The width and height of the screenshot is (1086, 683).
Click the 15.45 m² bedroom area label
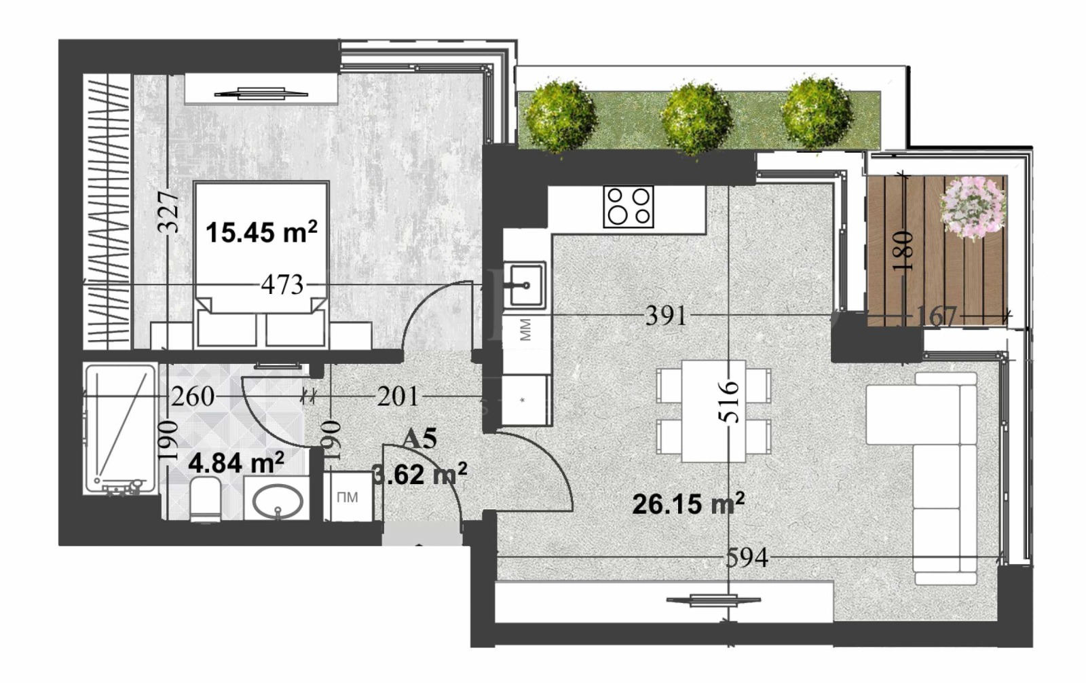tap(261, 232)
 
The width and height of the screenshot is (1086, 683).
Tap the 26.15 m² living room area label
tap(688, 504)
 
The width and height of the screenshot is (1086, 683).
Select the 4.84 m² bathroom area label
tap(236, 464)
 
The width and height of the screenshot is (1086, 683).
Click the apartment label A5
tap(419, 439)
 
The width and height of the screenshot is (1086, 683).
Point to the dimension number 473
tap(282, 284)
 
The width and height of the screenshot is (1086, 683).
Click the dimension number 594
tap(747, 558)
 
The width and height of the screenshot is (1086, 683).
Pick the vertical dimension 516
tap(728, 401)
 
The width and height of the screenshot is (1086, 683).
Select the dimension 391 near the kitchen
tap(666, 316)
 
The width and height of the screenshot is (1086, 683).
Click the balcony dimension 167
tap(936, 316)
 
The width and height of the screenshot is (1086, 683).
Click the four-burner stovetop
tap(628, 206)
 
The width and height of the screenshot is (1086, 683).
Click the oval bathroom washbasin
tap(277, 501)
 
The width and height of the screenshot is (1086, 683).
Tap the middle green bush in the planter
tap(696, 117)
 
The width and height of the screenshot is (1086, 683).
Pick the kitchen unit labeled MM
tap(525, 331)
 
